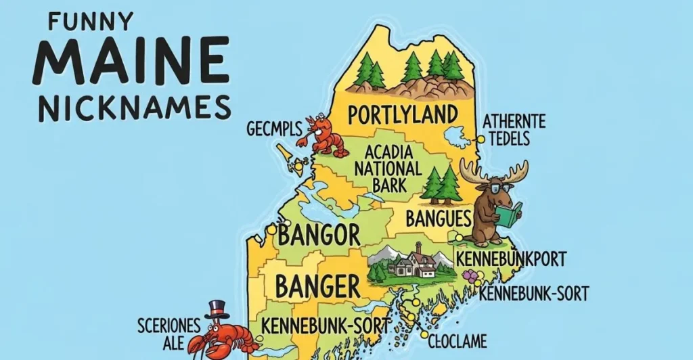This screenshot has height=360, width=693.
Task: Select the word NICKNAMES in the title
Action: [x=133, y=107]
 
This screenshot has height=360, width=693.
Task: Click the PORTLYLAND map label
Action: [x=403, y=114]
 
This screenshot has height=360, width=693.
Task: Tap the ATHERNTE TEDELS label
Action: [x=514, y=130]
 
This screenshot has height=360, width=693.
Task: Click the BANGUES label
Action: [x=438, y=218]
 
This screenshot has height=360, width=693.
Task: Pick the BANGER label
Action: [x=318, y=286]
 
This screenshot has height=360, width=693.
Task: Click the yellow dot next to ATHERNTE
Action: [x=480, y=139]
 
